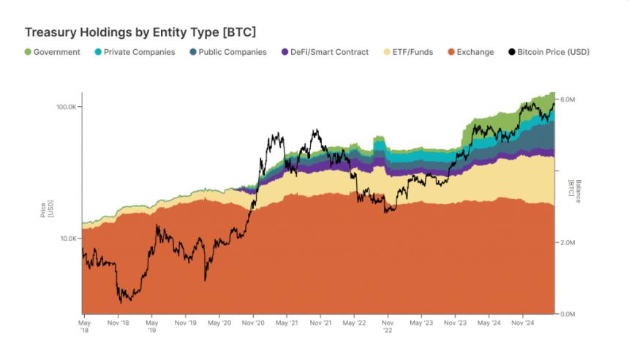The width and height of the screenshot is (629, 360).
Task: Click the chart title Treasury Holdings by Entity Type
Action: (140, 33)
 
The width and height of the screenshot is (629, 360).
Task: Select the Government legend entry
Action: (52, 52)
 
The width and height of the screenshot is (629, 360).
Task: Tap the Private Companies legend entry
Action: (135, 52)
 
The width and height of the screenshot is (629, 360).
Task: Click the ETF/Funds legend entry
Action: (413, 52)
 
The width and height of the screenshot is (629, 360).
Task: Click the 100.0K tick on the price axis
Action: (67, 107)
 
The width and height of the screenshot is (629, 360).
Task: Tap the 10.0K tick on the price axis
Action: (69, 239)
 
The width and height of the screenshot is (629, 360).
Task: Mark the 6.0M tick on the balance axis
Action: (568, 99)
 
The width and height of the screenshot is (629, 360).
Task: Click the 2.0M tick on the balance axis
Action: (568, 242)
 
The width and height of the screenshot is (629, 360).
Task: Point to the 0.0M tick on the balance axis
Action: (568, 314)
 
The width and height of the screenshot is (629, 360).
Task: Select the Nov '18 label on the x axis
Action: (118, 322)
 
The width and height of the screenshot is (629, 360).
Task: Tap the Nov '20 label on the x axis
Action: (253, 322)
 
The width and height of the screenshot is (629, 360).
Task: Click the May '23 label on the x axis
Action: (421, 322)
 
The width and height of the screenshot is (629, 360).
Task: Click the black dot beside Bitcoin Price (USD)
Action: (511, 52)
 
